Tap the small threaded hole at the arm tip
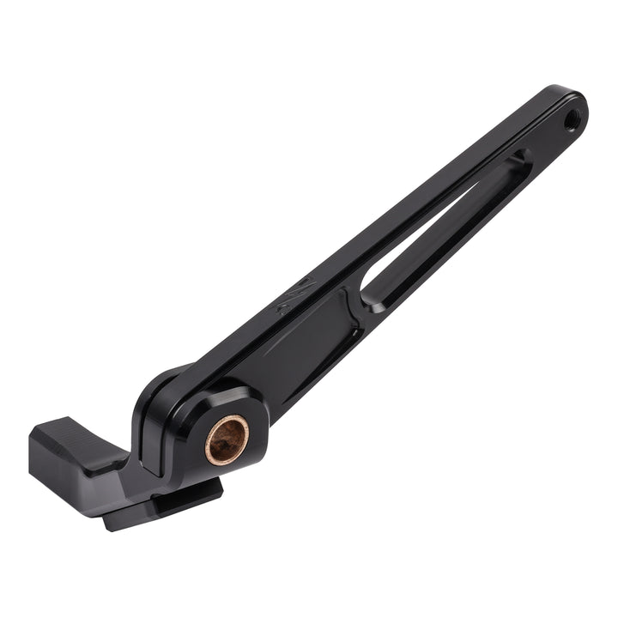(571, 120)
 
